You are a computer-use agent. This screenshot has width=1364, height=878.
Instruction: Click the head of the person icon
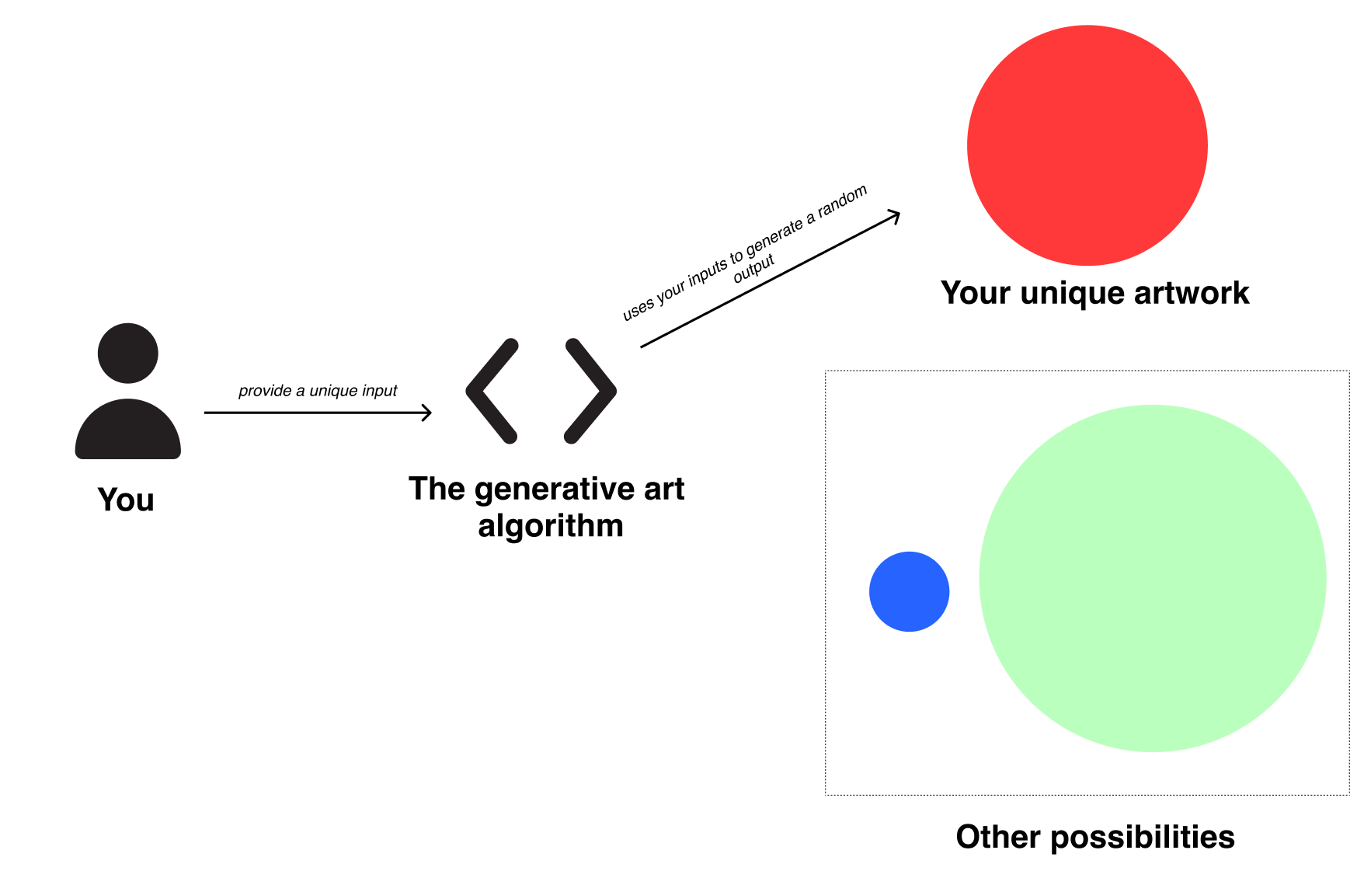tap(128, 353)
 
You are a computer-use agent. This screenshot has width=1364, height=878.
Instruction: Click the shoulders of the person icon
tap(128, 432)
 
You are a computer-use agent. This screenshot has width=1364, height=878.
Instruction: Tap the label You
tap(126, 500)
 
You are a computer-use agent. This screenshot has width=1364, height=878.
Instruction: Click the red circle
tap(1087, 145)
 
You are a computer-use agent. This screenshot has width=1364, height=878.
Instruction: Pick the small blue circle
tap(909, 591)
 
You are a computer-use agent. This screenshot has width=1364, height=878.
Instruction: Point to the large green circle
tap(1152, 578)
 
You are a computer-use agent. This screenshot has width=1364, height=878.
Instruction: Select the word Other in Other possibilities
tap(998, 837)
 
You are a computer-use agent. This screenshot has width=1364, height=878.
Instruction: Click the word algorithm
tap(551, 526)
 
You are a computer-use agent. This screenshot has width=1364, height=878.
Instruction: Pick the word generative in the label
tap(554, 489)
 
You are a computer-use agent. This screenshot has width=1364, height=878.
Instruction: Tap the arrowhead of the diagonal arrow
tap(896, 214)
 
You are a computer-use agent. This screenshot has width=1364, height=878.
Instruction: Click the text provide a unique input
tap(318, 390)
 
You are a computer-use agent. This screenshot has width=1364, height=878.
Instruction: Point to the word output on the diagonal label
tap(754, 269)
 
